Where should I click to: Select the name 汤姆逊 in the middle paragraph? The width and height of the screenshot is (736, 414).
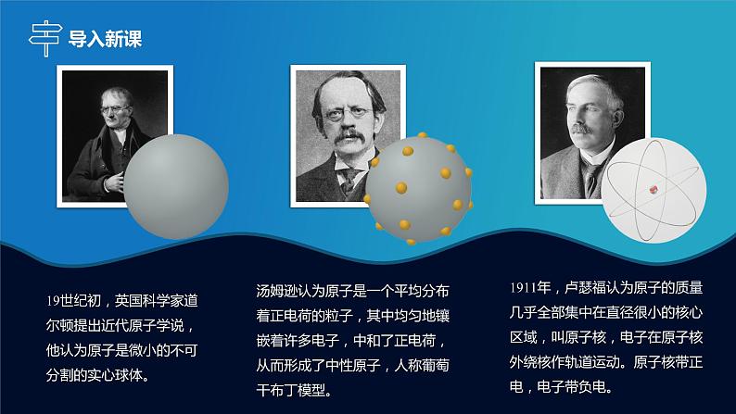[x=276, y=289]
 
